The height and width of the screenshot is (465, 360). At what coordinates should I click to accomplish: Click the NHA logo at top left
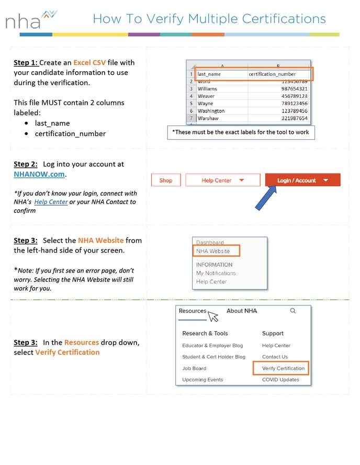point(30,20)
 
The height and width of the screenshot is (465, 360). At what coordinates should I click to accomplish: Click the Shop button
point(166,180)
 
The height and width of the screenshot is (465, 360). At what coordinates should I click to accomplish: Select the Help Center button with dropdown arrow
point(222,180)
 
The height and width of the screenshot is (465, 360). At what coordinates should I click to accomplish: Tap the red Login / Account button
point(302,180)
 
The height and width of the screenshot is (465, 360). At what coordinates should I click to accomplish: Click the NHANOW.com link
point(39,174)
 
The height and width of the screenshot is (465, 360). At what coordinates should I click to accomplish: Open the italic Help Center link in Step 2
point(51,202)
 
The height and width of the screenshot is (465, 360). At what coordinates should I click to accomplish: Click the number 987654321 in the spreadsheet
point(294,89)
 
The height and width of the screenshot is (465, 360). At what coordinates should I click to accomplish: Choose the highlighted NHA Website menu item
point(213,251)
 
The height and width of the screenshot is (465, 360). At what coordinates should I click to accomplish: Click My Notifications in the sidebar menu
point(216,273)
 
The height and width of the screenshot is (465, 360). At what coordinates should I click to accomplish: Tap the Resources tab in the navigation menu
point(193,311)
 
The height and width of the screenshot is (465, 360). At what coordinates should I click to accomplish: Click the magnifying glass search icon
point(292,311)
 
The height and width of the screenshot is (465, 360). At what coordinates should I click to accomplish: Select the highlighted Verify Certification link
point(283,368)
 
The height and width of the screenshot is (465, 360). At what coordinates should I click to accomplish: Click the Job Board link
point(194,368)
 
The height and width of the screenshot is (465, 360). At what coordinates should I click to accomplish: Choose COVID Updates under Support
point(280,380)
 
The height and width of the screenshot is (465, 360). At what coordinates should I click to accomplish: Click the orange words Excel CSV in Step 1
point(89,62)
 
